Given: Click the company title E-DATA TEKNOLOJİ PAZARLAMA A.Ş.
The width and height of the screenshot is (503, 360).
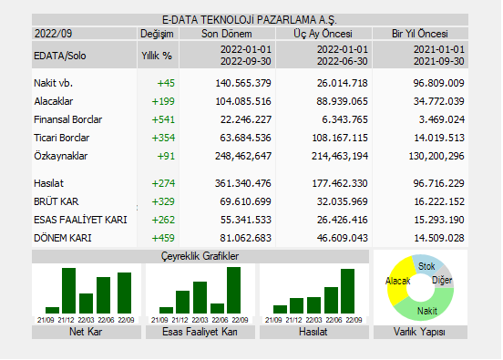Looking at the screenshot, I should [x=249, y=19].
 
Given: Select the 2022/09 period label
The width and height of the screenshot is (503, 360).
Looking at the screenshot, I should [x=53, y=33].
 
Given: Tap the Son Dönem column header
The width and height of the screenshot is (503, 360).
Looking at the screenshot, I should [x=227, y=33].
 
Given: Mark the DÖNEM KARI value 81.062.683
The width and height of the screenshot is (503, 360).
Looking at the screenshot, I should [x=240, y=238].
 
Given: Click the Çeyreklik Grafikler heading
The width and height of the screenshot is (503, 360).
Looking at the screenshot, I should [x=200, y=257].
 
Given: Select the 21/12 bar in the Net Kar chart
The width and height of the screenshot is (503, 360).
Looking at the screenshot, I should [x=67, y=290].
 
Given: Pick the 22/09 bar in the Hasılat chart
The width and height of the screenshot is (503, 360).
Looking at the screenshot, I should [x=347, y=291].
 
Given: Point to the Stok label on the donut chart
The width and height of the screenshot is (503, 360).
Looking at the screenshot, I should [x=426, y=266].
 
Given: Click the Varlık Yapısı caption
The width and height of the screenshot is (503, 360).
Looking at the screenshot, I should [x=420, y=332].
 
